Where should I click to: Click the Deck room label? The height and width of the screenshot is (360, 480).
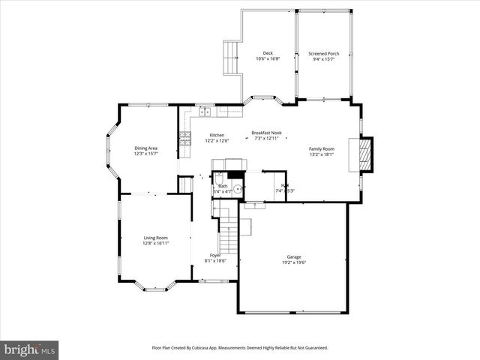[268, 53]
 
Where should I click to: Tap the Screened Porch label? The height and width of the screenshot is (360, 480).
[324, 53]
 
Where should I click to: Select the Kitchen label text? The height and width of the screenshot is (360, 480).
[217, 136]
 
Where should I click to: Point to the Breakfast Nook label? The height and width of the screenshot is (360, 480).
[266, 133]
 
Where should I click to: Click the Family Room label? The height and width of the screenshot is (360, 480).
[322, 148]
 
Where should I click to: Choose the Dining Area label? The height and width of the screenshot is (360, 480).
[145, 148]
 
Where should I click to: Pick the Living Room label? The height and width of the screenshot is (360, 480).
[156, 238]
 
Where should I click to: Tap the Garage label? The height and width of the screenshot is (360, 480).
[294, 256]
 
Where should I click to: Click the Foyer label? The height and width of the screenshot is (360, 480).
[215, 256]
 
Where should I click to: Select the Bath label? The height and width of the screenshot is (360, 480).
[223, 186]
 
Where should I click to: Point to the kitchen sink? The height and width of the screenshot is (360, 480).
[205, 112]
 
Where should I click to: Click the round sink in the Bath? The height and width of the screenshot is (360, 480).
[237, 189]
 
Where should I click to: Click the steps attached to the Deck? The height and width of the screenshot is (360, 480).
[231, 57]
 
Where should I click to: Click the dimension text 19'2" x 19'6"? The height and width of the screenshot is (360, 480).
[294, 262]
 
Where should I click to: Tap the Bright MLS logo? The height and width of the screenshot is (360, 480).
[30, 349]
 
